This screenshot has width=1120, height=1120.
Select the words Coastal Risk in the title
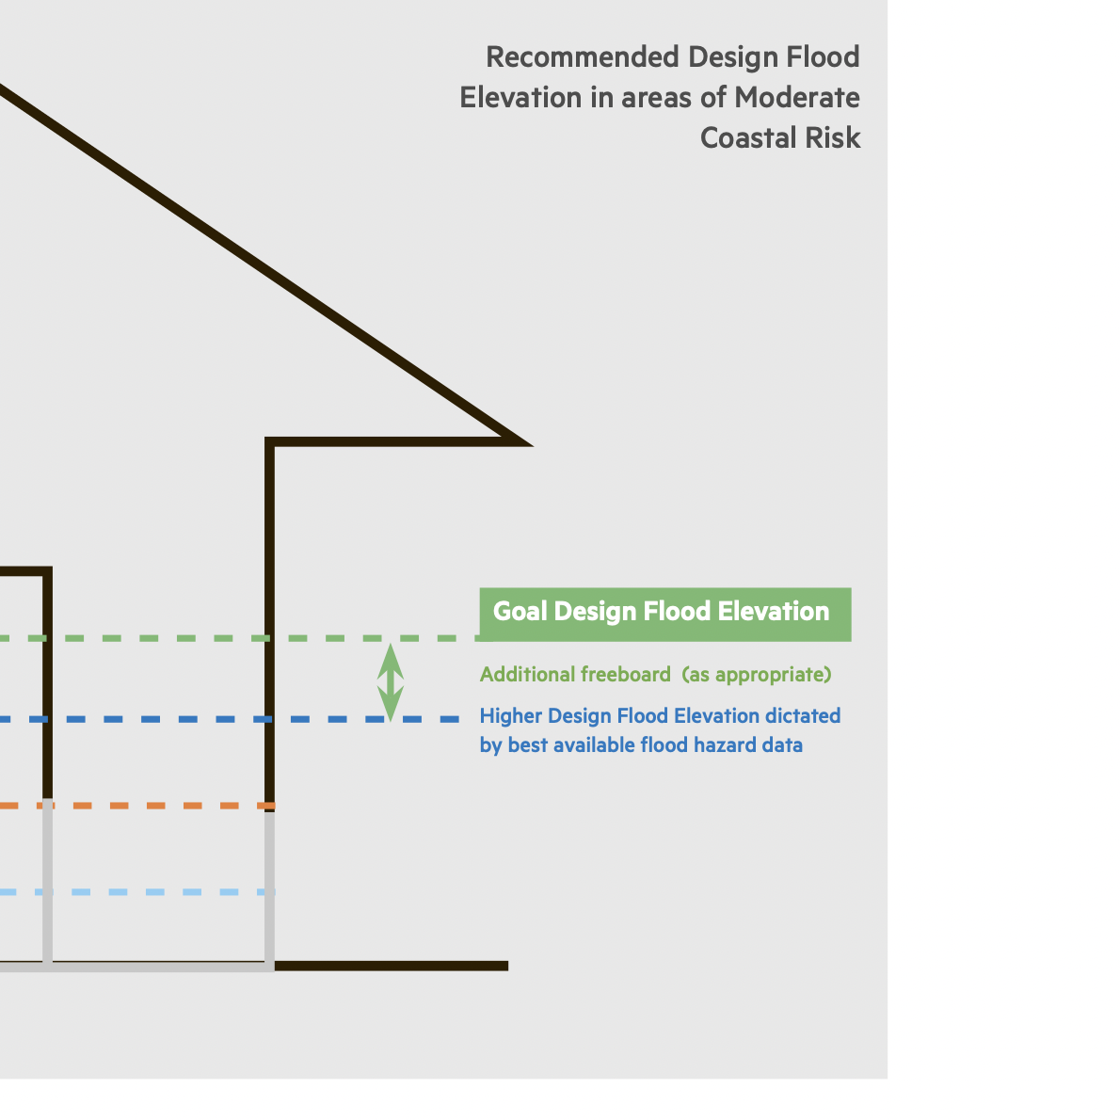tap(780, 138)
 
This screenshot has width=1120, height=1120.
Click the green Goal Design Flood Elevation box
tap(664, 614)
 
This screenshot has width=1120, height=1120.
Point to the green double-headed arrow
tap(391, 681)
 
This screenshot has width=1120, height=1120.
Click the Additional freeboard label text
tap(574, 675)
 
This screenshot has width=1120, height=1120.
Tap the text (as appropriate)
tap(757, 675)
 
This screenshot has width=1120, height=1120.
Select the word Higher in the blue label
tap(510, 716)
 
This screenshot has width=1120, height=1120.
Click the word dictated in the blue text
tap(803, 716)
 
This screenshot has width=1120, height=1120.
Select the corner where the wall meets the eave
tap(271, 442)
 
